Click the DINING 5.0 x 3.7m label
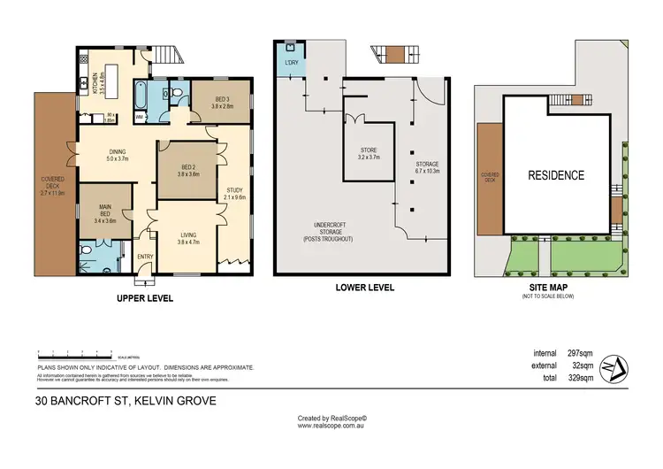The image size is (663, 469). pos(117,156)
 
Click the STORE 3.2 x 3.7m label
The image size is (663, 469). pos(369,153)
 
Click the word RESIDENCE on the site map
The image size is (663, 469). pos(556,175)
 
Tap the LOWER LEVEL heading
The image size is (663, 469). pos(364,288)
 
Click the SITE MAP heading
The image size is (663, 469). pos(547,288)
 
